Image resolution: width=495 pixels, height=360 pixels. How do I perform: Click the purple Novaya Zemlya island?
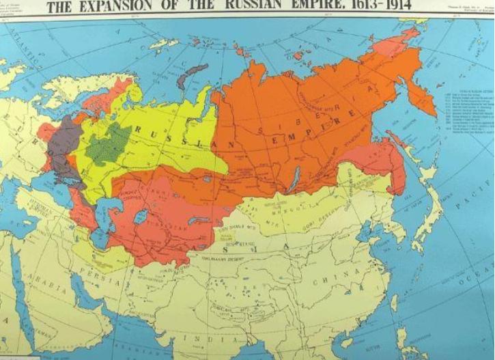pyautogui.click(x=193, y=75)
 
